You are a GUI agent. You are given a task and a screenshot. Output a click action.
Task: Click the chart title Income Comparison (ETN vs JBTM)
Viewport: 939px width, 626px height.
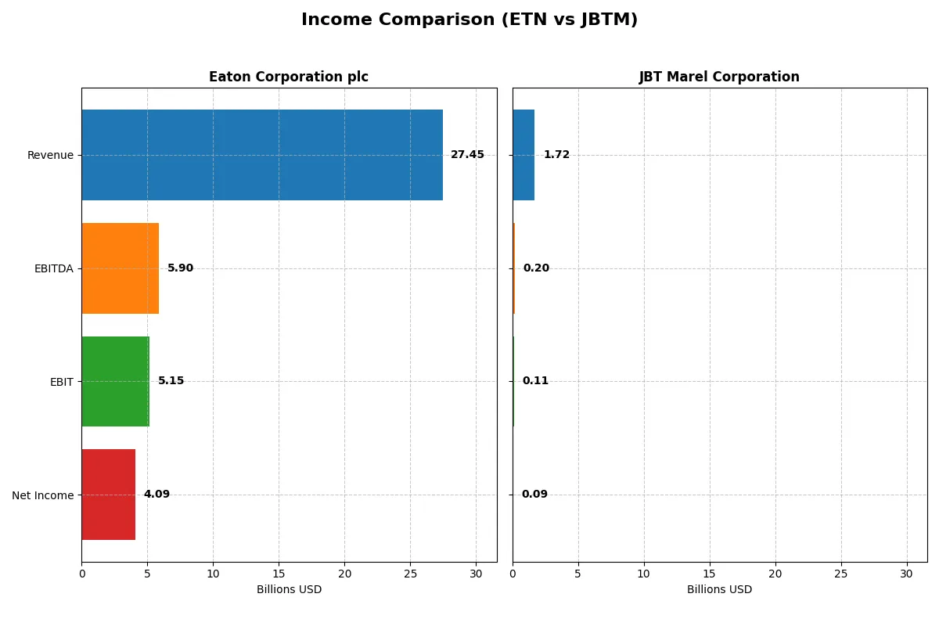point(469,20)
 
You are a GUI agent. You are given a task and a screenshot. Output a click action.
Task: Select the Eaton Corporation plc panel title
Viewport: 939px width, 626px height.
point(289,77)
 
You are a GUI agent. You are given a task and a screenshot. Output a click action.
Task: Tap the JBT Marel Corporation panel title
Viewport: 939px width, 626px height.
point(719,77)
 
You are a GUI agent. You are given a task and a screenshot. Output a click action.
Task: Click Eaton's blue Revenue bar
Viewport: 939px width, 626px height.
point(262,155)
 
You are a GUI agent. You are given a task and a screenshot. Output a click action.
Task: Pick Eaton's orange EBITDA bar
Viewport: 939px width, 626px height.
point(120,268)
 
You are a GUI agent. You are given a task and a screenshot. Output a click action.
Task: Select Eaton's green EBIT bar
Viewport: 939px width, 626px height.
point(115,381)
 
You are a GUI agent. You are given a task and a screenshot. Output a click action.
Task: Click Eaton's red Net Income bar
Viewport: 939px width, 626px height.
point(108,495)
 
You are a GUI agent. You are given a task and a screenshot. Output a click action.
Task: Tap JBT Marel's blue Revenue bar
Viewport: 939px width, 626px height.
point(523,155)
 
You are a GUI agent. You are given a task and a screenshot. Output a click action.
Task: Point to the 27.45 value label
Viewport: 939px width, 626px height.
point(467,155)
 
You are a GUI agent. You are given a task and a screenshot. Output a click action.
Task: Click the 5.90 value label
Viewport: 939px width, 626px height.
point(180,268)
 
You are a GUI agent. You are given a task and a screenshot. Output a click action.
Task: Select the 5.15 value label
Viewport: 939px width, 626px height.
point(171,381)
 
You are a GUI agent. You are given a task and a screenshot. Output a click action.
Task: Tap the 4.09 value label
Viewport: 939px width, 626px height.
point(156,495)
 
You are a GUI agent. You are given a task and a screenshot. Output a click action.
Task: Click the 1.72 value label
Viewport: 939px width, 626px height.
point(556,155)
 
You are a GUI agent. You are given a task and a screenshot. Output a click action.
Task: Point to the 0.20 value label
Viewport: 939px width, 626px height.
point(536,268)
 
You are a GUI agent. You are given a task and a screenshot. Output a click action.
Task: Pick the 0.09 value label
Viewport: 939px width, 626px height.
point(534,495)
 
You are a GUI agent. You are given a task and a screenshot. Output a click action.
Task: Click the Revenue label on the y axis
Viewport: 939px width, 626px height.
point(50,155)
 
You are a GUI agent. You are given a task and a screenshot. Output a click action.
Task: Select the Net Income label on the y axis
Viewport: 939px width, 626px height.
point(43,495)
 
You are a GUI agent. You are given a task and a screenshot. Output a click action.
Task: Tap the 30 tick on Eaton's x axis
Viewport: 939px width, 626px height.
point(476,574)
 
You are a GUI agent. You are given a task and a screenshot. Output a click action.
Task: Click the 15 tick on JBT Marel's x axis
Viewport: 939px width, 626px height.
point(710,574)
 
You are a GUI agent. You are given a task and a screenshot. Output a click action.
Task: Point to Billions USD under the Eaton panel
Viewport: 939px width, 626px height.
point(289,590)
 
